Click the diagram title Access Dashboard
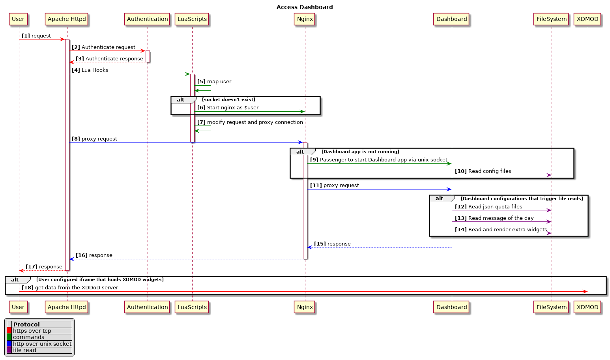click(304, 7)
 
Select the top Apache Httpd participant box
click(67, 19)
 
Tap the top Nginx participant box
click(305, 19)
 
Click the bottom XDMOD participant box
click(587, 307)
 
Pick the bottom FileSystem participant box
click(551, 307)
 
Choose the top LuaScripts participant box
click(192, 19)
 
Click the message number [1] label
click(26, 36)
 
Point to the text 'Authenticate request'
click(108, 47)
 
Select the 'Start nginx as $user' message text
click(232, 108)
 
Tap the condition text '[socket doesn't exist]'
click(228, 99)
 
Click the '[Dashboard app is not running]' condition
click(360, 152)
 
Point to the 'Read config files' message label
click(489, 171)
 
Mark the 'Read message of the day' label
click(501, 218)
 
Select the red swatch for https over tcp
click(9, 331)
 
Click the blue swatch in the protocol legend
click(9, 344)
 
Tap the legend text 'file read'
click(24, 350)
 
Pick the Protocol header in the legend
click(26, 324)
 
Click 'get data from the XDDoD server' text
click(76, 288)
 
